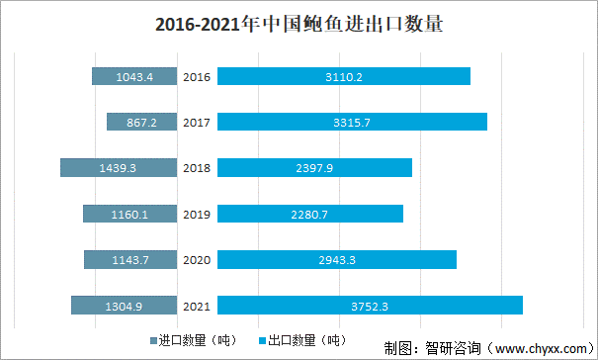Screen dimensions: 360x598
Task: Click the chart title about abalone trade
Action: (299, 26)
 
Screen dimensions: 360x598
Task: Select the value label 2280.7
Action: (309, 214)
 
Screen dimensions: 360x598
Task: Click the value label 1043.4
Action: (134, 76)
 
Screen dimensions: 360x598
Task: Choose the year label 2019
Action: (197, 214)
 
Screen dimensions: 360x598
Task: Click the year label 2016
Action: (197, 76)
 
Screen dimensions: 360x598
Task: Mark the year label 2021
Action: (197, 306)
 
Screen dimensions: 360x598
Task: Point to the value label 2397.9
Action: (314, 168)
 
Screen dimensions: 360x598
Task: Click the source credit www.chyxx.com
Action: (539, 348)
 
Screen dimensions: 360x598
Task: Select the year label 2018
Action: (197, 168)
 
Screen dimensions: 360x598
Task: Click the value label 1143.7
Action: (129, 259)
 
